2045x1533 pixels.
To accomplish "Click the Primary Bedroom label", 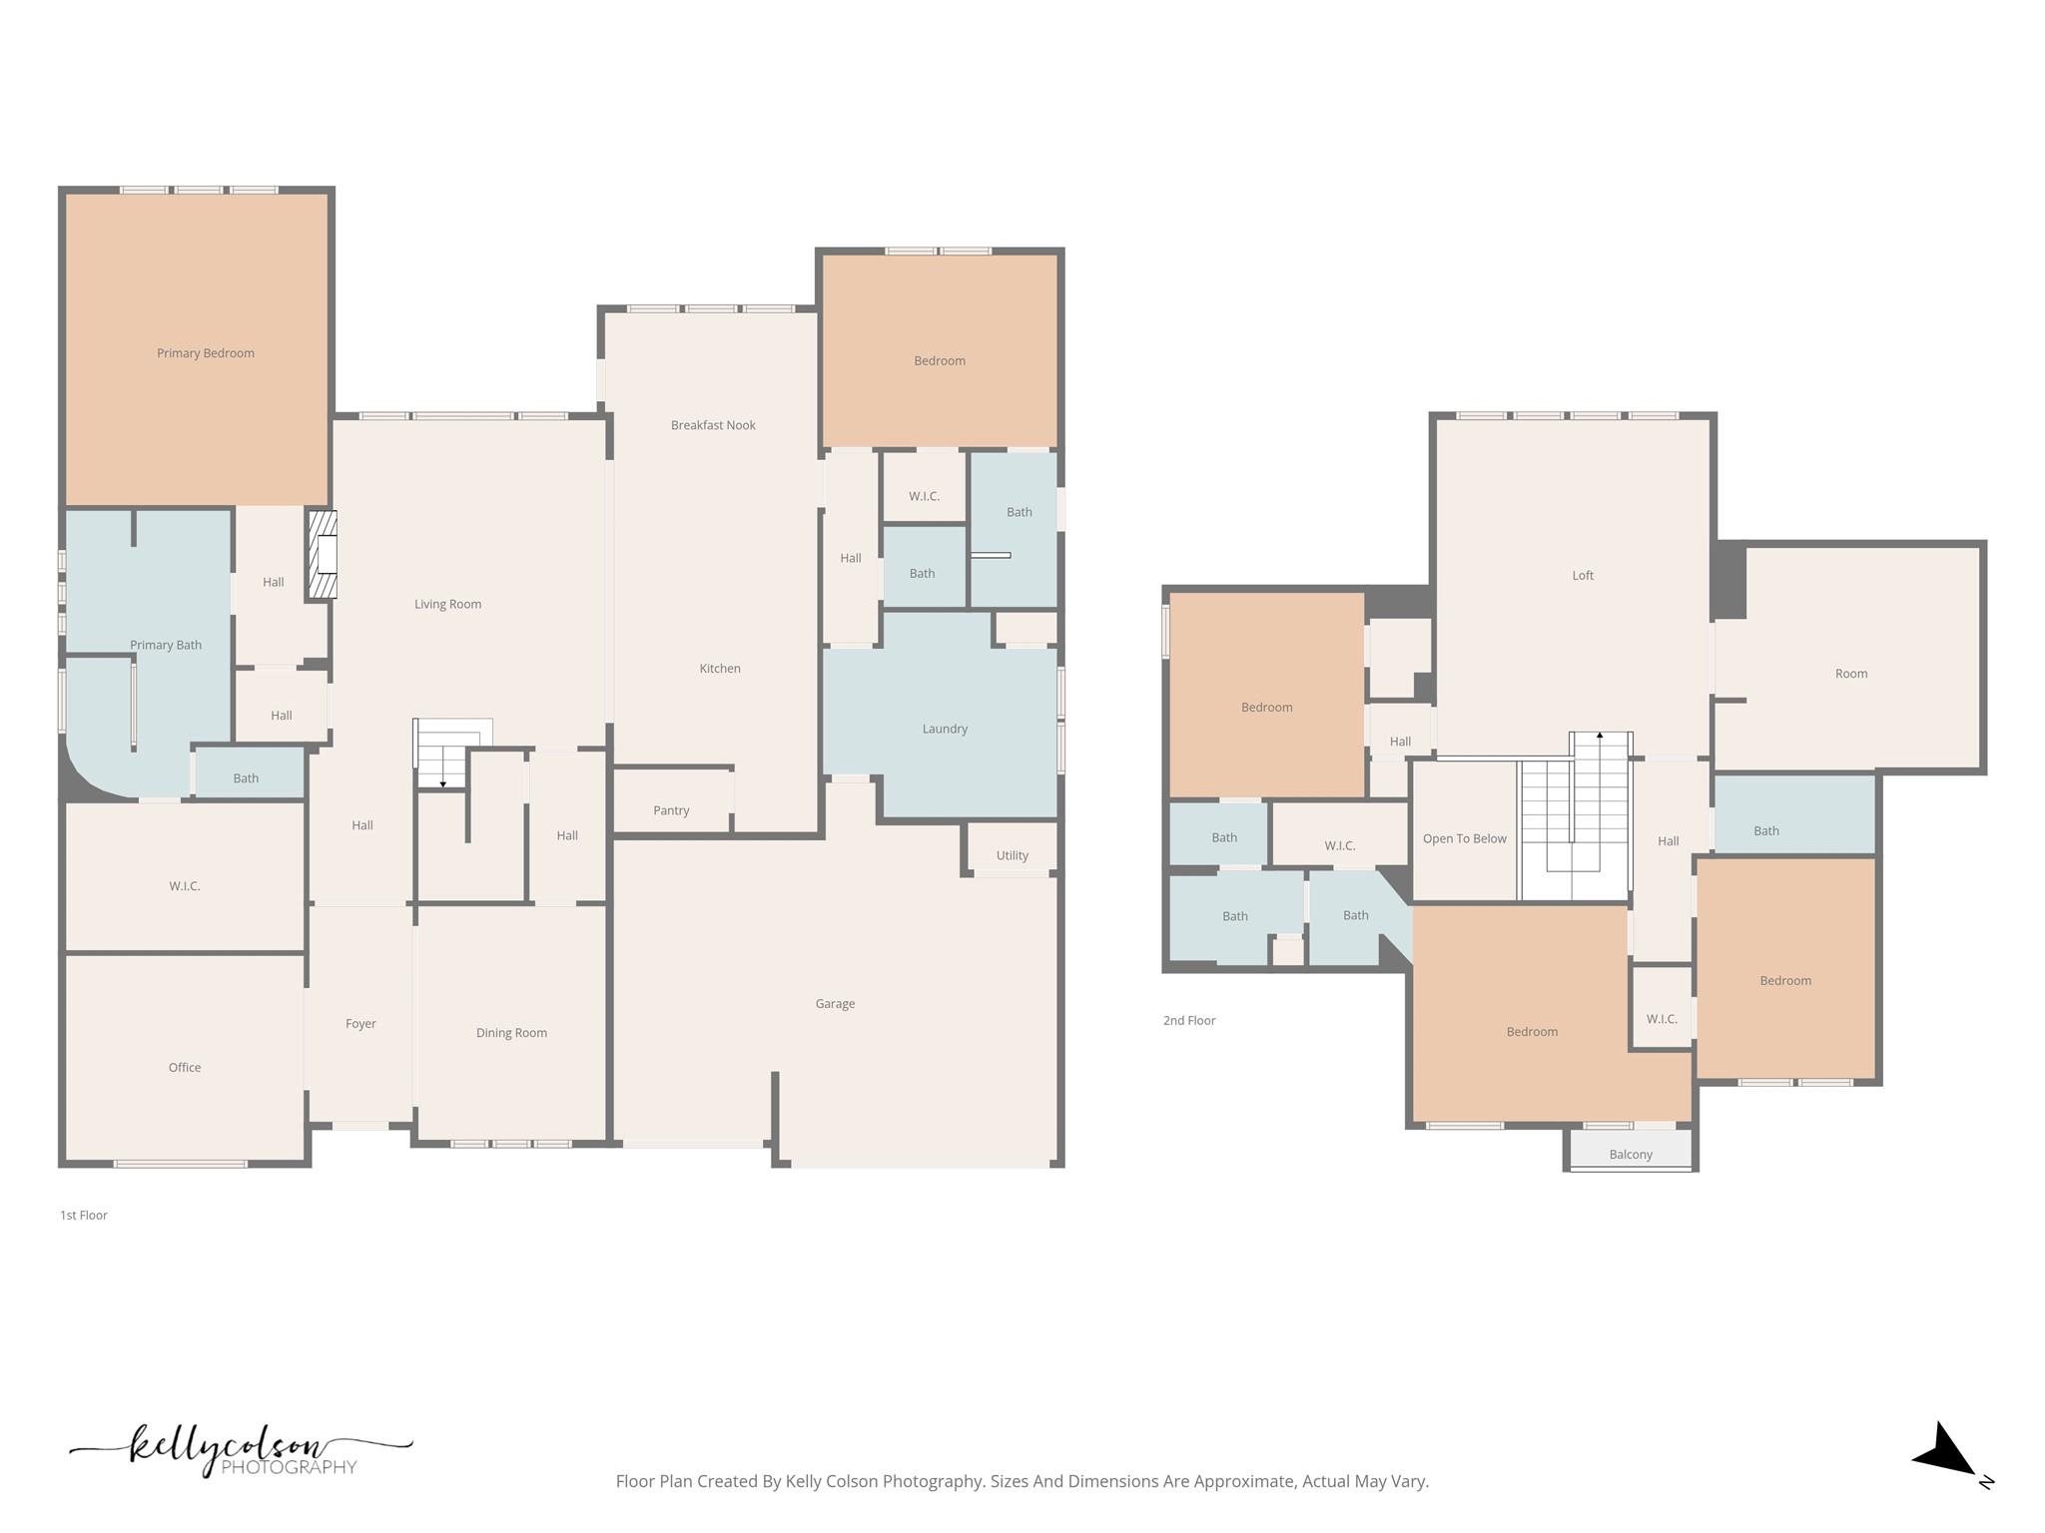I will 205,353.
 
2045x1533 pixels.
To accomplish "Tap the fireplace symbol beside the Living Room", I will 323,555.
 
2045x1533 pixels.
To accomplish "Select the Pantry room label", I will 671,810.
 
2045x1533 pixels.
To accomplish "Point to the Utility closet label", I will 1012,855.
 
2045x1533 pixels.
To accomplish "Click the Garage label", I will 835,1004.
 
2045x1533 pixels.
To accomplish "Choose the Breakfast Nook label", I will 713,425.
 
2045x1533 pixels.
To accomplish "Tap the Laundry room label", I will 945,729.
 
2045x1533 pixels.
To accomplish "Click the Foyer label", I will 360,1024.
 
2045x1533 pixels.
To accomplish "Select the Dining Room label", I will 511,1033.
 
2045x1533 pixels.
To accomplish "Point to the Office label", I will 185,1068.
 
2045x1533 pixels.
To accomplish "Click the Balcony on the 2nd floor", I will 1631,1155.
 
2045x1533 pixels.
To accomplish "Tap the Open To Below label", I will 1464,838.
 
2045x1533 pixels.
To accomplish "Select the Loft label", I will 1583,576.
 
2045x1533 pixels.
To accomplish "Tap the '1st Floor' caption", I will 84,1216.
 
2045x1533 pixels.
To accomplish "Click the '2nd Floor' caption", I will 1189,1021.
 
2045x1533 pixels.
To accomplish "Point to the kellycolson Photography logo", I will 240,1450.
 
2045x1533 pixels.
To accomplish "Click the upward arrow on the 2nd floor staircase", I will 1600,736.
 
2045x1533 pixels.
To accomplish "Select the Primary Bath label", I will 166,646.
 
